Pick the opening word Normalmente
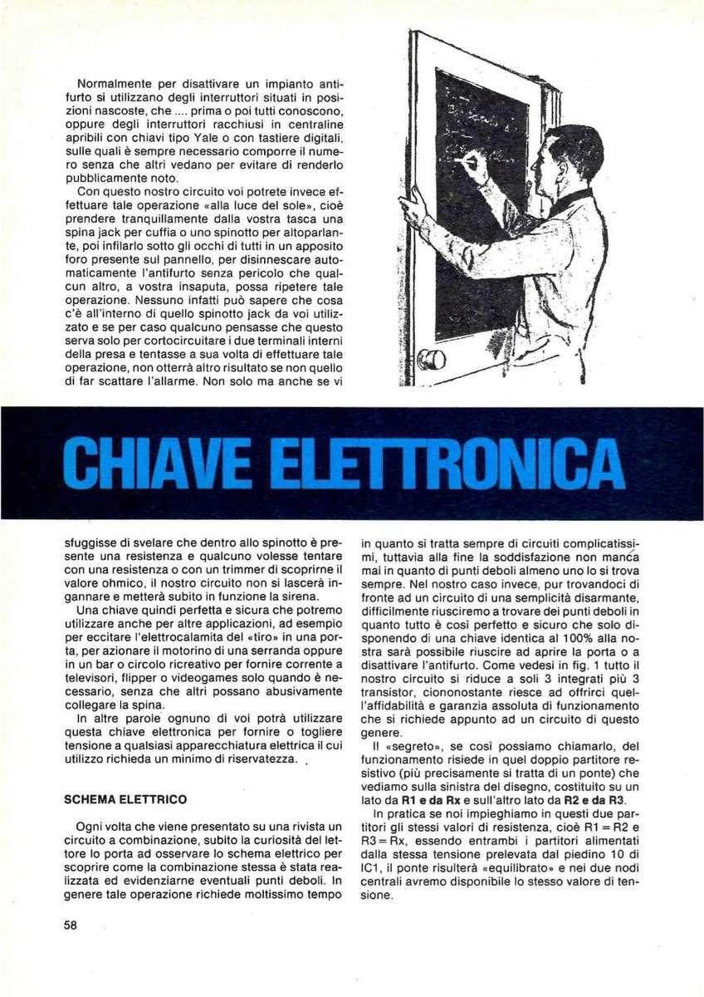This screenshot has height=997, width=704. point(115,84)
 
